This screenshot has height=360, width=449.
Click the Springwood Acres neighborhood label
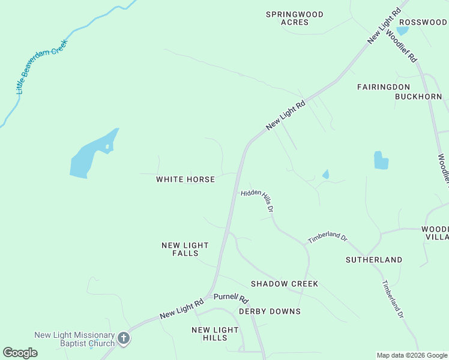click(295, 18)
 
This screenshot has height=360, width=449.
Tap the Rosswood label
click(423, 22)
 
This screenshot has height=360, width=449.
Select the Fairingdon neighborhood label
click(383, 87)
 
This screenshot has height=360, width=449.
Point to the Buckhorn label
click(418, 96)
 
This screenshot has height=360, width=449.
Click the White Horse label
click(185, 179)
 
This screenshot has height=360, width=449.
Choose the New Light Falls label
click(185, 249)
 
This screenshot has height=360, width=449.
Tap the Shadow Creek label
click(284, 284)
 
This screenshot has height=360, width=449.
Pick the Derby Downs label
click(270, 311)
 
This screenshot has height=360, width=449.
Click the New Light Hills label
click(215, 334)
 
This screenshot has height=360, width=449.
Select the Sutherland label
click(374, 260)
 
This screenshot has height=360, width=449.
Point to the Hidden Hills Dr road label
click(259, 201)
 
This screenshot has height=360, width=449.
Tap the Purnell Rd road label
click(231, 297)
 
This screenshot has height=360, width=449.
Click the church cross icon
click(124, 338)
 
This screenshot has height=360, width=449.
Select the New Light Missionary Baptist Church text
click(74, 339)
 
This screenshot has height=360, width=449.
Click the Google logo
click(20, 353)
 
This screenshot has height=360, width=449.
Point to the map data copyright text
click(411, 355)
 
